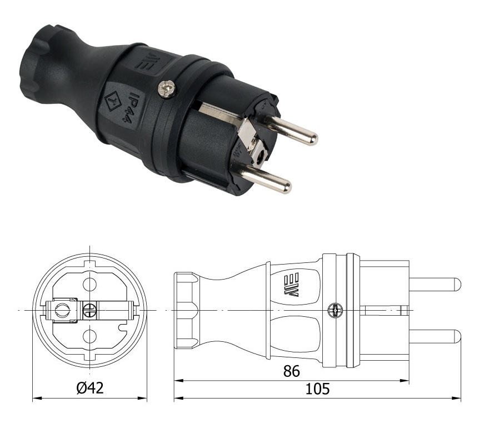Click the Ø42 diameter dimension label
[91, 388]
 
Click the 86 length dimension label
[292, 371]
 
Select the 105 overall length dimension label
[317, 389]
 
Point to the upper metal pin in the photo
[290, 130]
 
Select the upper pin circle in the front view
[89, 283]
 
